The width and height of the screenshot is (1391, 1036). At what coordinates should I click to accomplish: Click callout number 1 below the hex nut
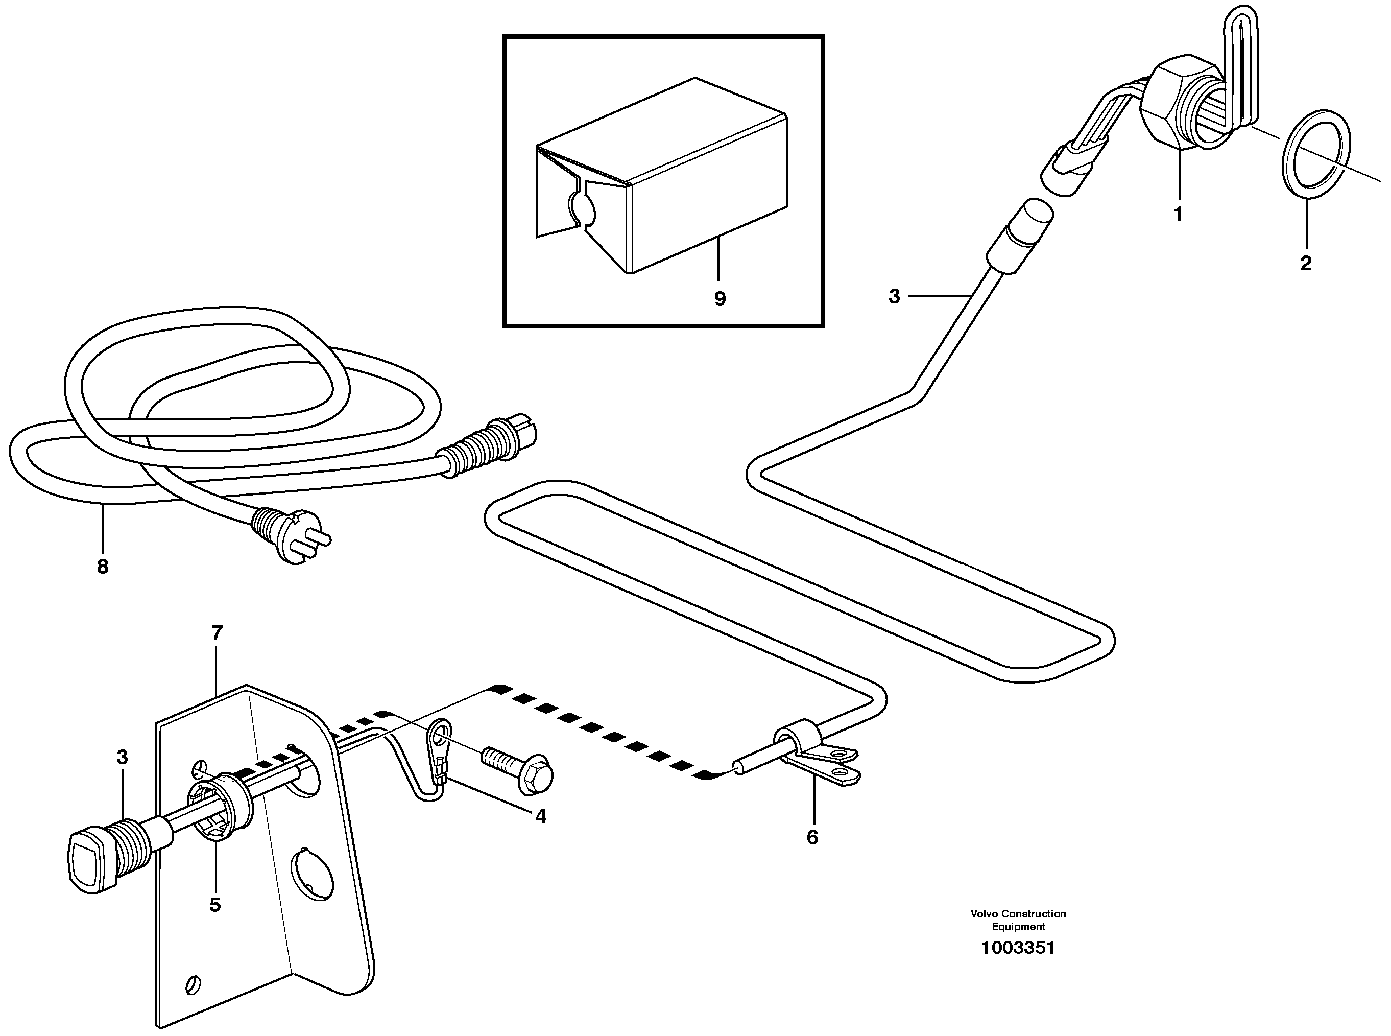pyautogui.click(x=1178, y=215)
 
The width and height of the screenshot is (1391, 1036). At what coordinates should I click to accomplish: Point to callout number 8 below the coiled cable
pyautogui.click(x=102, y=567)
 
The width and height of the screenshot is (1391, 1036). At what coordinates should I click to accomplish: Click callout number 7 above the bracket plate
pyautogui.click(x=217, y=633)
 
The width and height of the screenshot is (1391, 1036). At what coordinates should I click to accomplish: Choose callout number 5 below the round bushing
pyautogui.click(x=215, y=904)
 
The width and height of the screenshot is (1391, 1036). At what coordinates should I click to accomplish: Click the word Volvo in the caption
pyautogui.click(x=985, y=914)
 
